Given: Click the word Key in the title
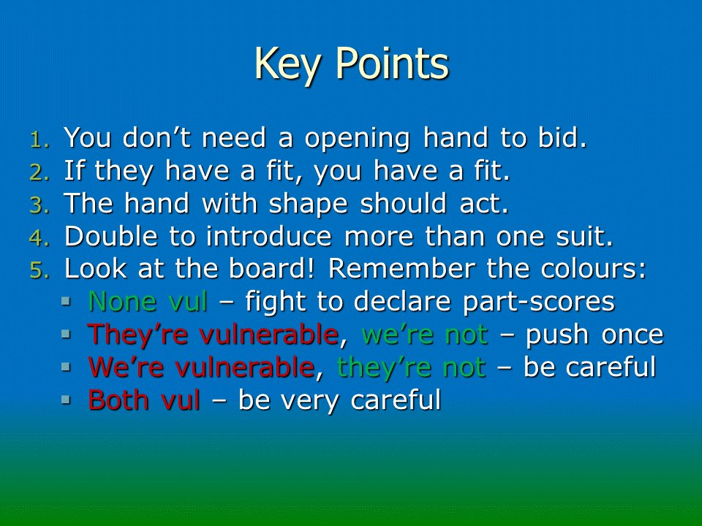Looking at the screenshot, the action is [x=287, y=64].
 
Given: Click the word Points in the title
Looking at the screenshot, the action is [x=392, y=63].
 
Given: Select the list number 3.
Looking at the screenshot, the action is [x=39, y=205].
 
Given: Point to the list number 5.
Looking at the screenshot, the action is [x=39, y=270].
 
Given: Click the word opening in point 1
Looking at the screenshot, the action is [x=358, y=139].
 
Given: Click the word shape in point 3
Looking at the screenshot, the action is [x=309, y=205].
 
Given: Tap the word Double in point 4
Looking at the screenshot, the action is [x=111, y=236].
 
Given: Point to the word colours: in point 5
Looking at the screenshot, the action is [x=594, y=268].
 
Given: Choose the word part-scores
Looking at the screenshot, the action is [x=539, y=302].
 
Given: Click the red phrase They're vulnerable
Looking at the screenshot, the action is [x=213, y=335].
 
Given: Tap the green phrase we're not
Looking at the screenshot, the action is [x=424, y=335].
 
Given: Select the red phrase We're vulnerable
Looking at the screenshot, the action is [x=202, y=367].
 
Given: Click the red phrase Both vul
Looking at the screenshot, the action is [x=144, y=400].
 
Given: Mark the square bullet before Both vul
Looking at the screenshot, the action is [x=67, y=399].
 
